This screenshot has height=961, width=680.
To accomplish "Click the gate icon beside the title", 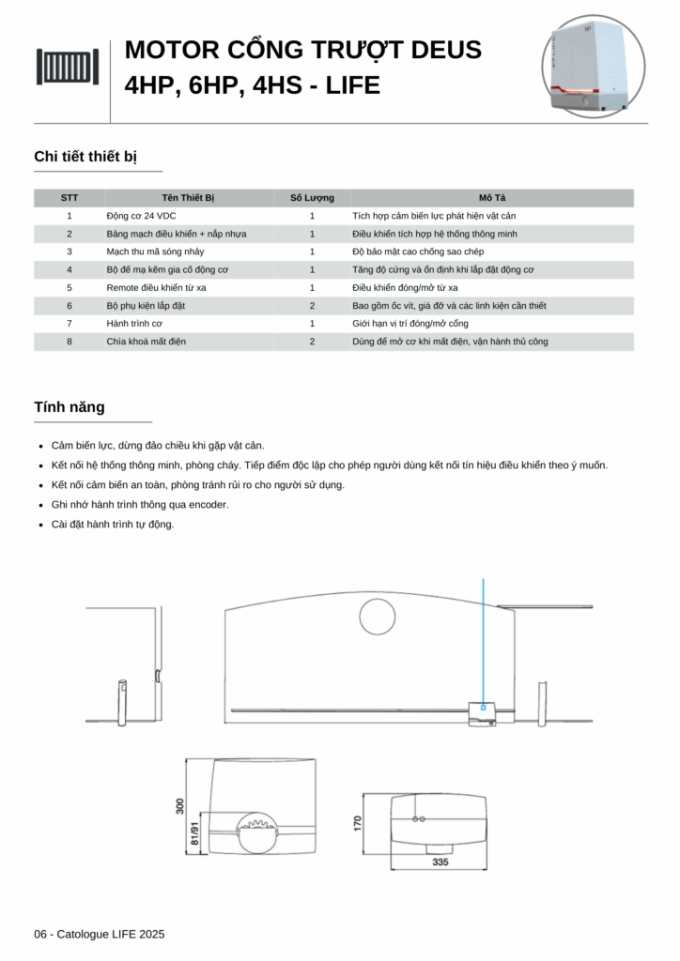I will [x=68, y=67].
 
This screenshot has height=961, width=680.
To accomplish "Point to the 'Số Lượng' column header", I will [x=312, y=198].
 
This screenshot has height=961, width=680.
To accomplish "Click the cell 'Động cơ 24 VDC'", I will [x=141, y=216].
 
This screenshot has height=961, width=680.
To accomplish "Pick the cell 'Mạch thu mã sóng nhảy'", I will [x=154, y=252].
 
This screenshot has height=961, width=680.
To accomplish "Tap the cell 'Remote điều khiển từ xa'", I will [x=156, y=287].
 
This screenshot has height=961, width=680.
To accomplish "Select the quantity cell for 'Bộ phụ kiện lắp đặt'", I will [x=312, y=306].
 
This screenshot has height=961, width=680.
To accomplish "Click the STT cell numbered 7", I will [x=70, y=324].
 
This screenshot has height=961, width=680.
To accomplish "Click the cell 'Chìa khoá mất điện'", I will [x=146, y=342].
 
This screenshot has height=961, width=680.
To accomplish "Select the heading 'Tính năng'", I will [x=70, y=407].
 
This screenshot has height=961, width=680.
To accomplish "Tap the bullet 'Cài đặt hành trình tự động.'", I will [x=113, y=525].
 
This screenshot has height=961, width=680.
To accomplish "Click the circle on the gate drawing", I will [x=379, y=616].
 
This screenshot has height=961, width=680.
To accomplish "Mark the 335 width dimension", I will [x=440, y=862].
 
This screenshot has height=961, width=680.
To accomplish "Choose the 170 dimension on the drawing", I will [x=358, y=823].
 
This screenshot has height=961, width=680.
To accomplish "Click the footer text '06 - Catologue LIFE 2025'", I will [x=100, y=935].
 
